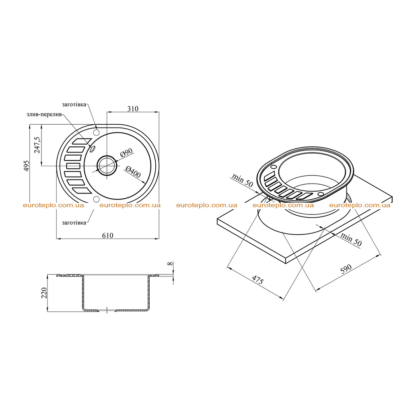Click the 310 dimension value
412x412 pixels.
[133, 109]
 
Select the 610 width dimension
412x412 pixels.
[107, 235]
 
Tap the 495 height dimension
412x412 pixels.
[27, 166]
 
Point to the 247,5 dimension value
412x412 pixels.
[37, 145]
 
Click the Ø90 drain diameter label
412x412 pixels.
[126, 152]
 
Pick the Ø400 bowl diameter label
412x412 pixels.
[133, 171]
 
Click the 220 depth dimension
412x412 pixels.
[44, 293]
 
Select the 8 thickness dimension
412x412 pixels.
[170, 264]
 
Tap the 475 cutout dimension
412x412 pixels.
[257, 280]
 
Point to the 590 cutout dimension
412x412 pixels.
[346, 269]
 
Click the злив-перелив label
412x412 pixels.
[44, 114]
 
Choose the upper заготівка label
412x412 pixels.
[74, 104]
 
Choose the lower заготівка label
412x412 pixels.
[74, 222]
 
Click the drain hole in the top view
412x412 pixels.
[107, 165]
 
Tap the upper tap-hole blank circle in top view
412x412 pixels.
[97, 132]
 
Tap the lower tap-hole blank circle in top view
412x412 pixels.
[97, 199]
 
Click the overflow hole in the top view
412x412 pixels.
[92, 149]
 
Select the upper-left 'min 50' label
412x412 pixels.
[242, 180]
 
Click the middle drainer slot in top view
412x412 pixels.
[73, 166]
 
